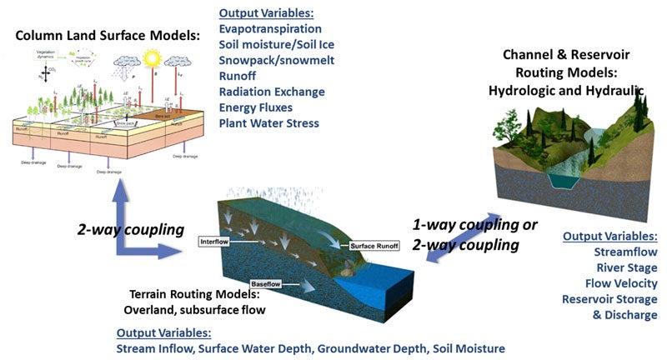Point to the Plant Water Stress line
click(x=269, y=123)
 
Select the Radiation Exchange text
click(x=272, y=92)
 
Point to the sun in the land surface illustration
click(x=152, y=58)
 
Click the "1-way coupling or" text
click(x=476, y=225)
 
